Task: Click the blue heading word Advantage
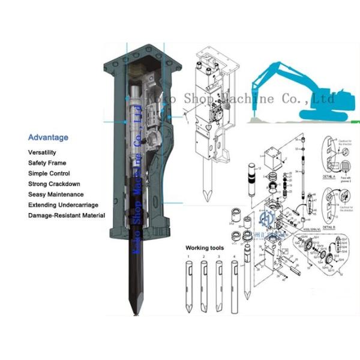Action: [48, 137]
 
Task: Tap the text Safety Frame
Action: [47, 163]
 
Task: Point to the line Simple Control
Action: [49, 173]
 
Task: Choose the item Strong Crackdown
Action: [54, 184]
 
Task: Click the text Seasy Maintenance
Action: [56, 194]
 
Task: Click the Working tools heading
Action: [206, 247]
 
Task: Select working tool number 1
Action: [188, 285]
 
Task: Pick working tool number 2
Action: [204, 285]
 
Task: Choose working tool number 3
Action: [219, 285]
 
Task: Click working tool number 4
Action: [234, 285]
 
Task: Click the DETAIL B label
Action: [328, 228]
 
